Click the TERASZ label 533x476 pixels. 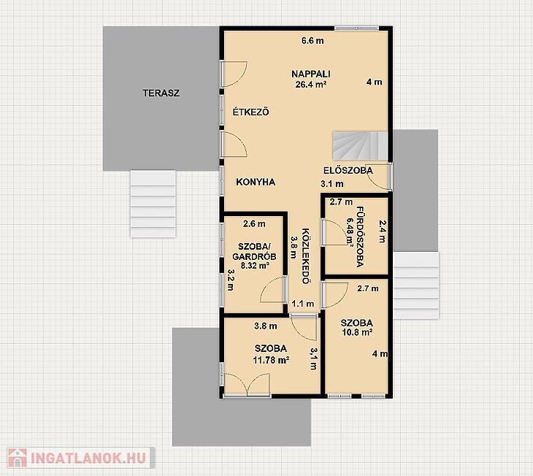pyautogui.click(x=161, y=93)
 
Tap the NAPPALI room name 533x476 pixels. pyautogui.click(x=311, y=74)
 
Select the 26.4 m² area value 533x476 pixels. pyautogui.click(x=311, y=84)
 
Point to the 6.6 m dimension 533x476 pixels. pyautogui.click(x=312, y=41)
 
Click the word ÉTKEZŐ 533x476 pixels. pyautogui.click(x=251, y=112)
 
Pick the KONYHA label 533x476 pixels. pyautogui.click(x=256, y=182)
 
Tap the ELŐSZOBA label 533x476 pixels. pyautogui.click(x=348, y=170)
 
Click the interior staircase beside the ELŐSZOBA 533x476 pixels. pyautogui.click(x=360, y=146)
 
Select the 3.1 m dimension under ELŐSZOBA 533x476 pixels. pyautogui.click(x=332, y=184)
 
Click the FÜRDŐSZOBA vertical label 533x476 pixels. pyautogui.click(x=360, y=237)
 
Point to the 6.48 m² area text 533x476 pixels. pyautogui.click(x=350, y=231)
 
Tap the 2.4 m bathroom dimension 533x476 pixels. pyautogui.click(x=383, y=231)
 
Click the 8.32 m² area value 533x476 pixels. pyautogui.click(x=256, y=266)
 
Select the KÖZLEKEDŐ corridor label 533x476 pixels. pyautogui.click(x=306, y=256)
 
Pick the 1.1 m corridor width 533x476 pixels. pyautogui.click(x=303, y=304)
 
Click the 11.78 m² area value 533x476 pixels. pyautogui.click(x=272, y=360)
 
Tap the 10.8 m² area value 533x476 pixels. pyautogui.click(x=357, y=332)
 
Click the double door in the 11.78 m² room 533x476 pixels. pyautogui.click(x=247, y=385)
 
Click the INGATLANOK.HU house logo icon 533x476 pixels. pyautogui.click(x=18, y=458)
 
